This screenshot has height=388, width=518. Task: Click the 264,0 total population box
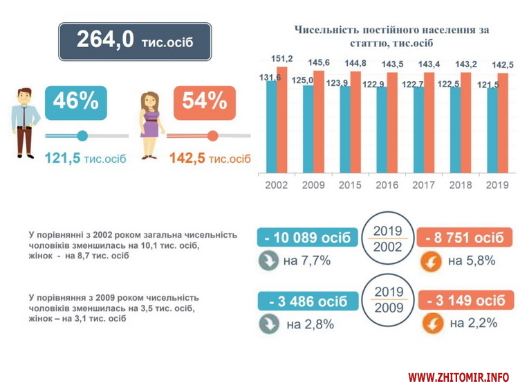134,41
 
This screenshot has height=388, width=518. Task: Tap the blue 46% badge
75,103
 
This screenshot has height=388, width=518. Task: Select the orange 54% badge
205,103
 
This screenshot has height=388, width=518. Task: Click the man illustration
25,122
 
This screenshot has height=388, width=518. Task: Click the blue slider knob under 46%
82,136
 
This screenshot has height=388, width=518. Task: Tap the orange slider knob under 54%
212,136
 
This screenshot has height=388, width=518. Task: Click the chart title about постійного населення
391,37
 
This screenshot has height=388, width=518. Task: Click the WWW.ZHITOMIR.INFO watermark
458,378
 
